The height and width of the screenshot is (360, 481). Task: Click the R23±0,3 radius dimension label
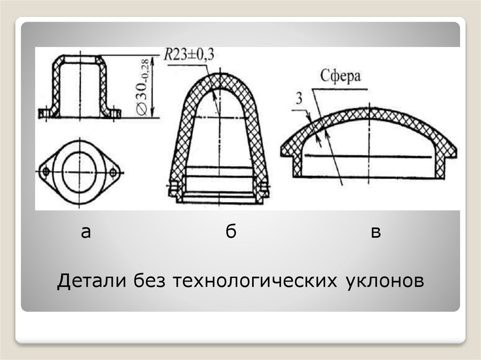click(x=189, y=55)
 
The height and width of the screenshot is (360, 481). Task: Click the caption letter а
click(x=85, y=231)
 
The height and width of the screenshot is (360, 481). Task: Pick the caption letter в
click(x=375, y=232)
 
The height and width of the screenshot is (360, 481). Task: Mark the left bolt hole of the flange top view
click(x=46, y=172)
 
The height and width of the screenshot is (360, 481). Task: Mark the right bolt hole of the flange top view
click(x=113, y=172)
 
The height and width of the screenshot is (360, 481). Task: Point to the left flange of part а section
click(x=46, y=113)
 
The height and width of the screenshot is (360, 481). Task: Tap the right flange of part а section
click(x=114, y=113)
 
